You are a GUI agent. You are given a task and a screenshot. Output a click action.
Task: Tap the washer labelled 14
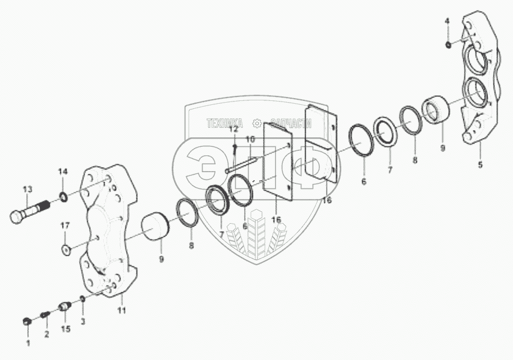[63, 196]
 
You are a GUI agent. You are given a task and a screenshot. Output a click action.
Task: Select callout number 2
[47, 335]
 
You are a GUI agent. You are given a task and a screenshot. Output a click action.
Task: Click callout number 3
[83, 321]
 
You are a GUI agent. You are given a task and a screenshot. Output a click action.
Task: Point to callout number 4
[447, 21]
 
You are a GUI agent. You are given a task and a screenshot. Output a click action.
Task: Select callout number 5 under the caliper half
[479, 165]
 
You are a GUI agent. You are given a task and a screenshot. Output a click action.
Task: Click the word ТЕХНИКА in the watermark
[225, 122]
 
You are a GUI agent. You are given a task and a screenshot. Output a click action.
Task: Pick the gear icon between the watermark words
[256, 122]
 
